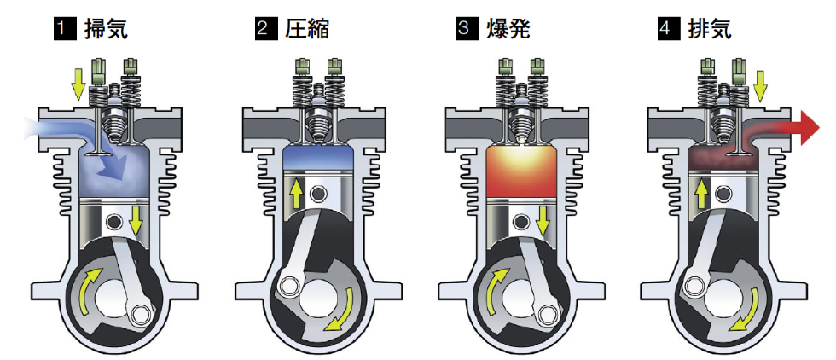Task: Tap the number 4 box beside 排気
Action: click(x=666, y=30)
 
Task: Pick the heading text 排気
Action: click(x=709, y=30)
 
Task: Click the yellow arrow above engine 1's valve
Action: click(x=78, y=82)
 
